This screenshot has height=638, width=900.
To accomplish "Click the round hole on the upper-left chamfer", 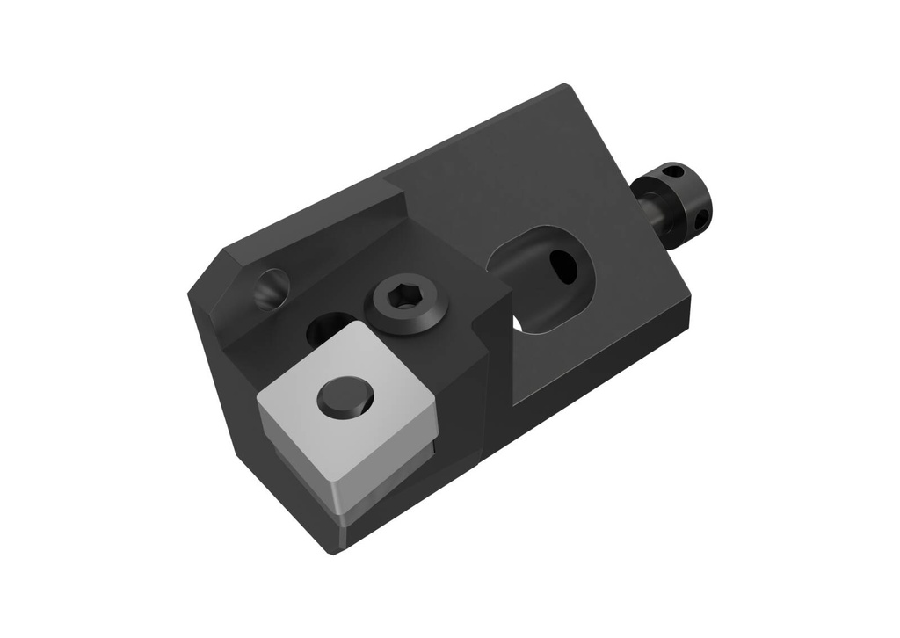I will (x=272, y=288).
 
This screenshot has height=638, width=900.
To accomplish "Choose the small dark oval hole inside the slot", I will (x=562, y=266).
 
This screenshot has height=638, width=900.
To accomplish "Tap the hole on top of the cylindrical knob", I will (x=673, y=170).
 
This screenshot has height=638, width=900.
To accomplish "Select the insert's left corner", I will (x=258, y=401).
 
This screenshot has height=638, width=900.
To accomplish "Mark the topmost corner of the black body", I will (x=564, y=85).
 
